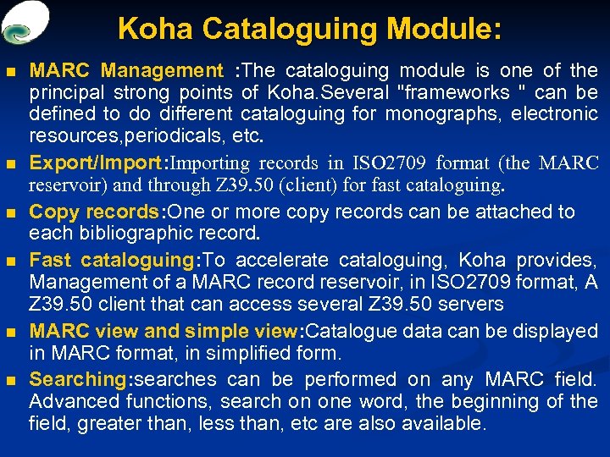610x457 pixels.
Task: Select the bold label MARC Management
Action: point(126,70)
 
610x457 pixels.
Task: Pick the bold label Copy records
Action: point(92,212)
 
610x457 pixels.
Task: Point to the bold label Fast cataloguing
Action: point(111,261)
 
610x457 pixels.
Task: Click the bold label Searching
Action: point(77,379)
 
